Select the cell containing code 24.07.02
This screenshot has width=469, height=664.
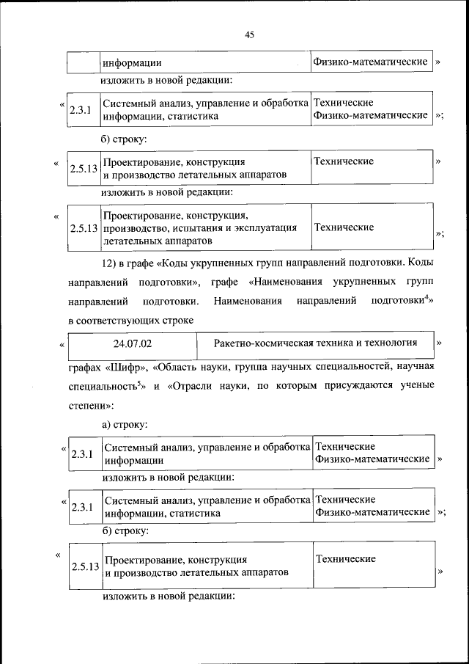133,343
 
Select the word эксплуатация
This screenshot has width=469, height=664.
267,228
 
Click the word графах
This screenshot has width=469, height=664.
85,365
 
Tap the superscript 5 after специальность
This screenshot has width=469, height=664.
138,381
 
